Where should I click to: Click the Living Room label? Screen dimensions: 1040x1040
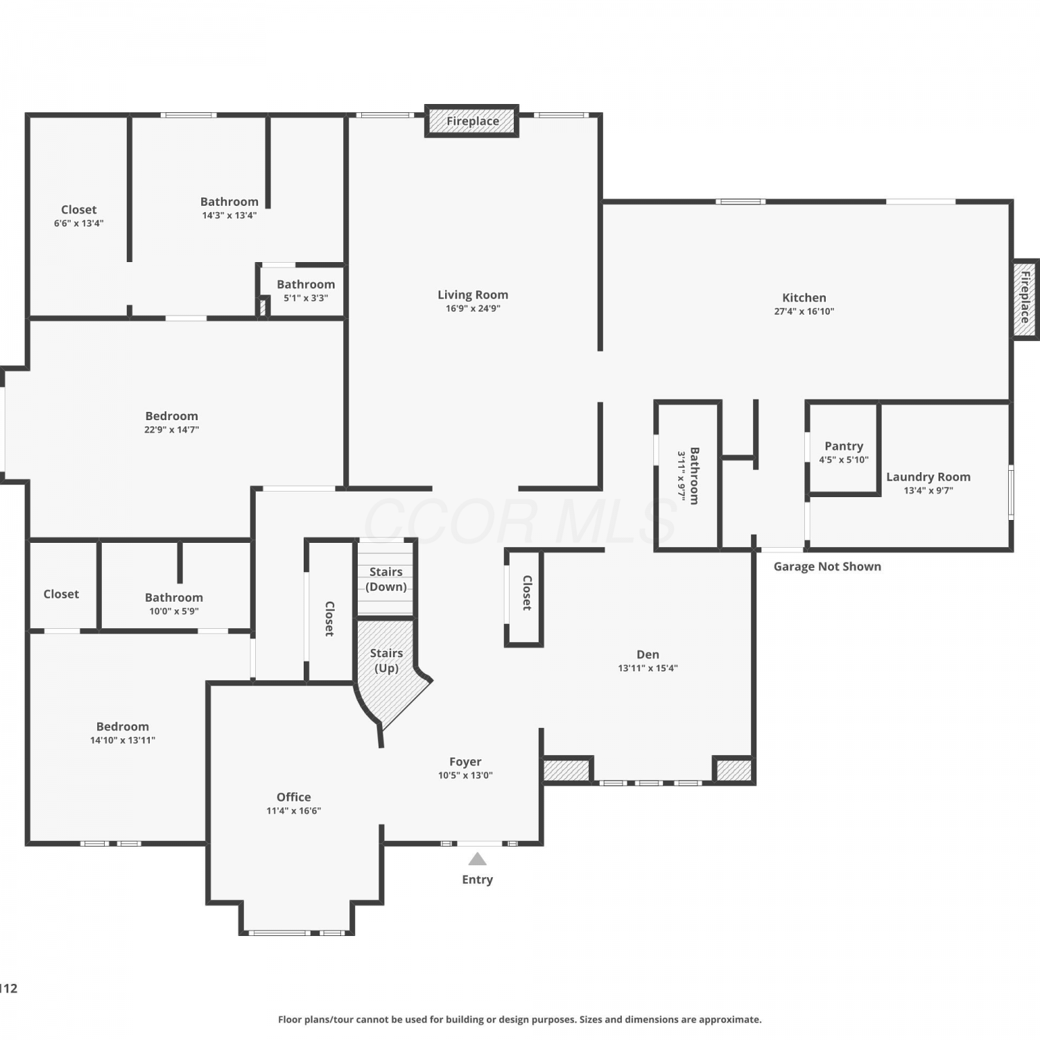[x=473, y=295]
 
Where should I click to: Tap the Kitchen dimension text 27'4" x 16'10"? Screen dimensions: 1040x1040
[x=804, y=311]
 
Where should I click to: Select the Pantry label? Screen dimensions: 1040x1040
[x=844, y=446]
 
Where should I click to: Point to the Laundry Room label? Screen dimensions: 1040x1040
[x=928, y=477]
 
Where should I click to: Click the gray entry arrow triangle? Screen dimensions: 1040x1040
[x=477, y=859]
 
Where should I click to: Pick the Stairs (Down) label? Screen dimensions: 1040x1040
[x=386, y=579]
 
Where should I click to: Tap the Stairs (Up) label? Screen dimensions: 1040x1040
[x=386, y=661]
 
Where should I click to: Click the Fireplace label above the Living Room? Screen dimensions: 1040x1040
[x=473, y=121]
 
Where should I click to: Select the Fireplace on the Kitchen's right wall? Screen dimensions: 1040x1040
[x=1025, y=297]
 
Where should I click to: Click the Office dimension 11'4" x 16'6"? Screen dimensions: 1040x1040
[x=294, y=811]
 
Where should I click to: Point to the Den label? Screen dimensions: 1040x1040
[x=648, y=655]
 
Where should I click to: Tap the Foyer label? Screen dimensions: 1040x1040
[x=465, y=762]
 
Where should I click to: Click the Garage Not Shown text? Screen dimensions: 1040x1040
[x=827, y=566]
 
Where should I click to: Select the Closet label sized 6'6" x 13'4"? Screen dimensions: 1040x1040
[x=79, y=209]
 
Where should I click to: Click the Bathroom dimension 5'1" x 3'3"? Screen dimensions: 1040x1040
[x=306, y=298]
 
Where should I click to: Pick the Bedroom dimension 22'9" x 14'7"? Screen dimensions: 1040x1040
[x=171, y=430]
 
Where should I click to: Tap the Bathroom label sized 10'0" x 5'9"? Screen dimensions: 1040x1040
[x=174, y=598]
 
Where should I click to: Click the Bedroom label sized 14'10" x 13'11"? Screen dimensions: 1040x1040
[x=123, y=727]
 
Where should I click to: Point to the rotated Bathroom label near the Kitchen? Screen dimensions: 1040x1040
[x=695, y=476]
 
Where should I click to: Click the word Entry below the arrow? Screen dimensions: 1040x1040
[x=477, y=880]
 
